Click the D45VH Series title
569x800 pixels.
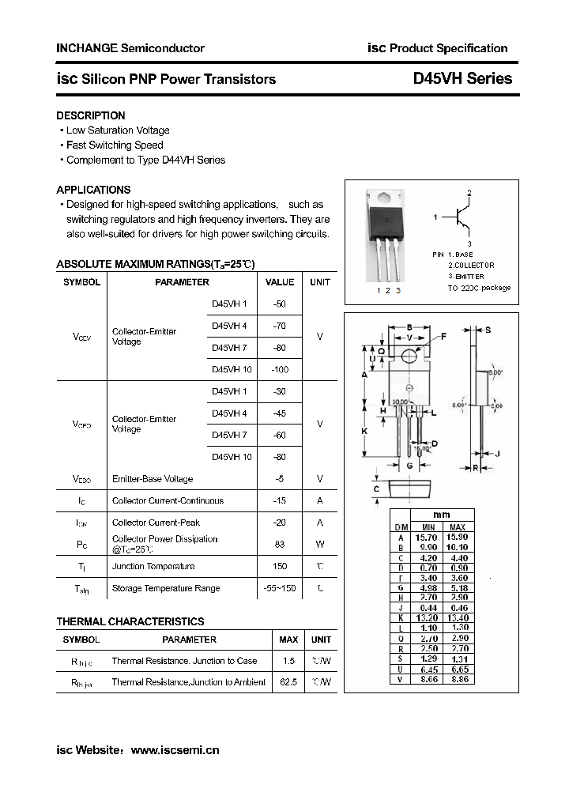(462, 78)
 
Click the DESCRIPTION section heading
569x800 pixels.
(90, 115)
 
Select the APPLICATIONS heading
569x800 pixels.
(93, 190)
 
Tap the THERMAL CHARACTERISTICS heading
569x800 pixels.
(130, 621)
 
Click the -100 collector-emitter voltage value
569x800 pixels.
(279, 369)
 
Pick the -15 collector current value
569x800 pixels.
(279, 500)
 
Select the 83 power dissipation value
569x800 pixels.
(279, 544)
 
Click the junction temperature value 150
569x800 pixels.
(279, 566)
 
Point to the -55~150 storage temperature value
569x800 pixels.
(279, 588)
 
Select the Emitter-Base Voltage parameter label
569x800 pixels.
(153, 479)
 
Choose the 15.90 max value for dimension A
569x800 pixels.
(457, 537)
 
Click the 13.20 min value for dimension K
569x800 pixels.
(428, 617)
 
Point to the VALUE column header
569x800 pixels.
(279, 282)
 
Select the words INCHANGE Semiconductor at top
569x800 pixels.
(130, 48)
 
